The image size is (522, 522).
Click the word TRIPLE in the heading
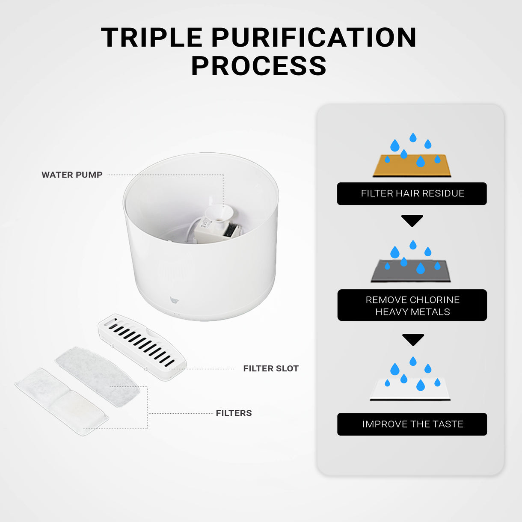pos(151,38)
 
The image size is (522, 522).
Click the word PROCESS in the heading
pos(258,66)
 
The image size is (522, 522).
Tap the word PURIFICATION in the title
pos(314,38)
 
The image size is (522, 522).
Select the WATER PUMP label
pos(72,175)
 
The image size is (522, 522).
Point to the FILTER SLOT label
pos(271,368)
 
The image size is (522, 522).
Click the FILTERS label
pos(234,413)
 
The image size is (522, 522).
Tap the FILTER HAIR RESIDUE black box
pos(412,193)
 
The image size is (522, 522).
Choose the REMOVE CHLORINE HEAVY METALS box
pos(412,305)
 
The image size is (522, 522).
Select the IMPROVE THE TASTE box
pos(412,424)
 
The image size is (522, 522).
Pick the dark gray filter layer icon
pos(411,271)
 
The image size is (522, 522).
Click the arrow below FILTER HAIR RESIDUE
pos(412,220)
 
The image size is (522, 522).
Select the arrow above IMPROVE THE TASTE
pos(413,339)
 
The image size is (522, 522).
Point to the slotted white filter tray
pos(142,347)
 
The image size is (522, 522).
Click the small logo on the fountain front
pos(173,300)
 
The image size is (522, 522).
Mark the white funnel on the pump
pos(219,212)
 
